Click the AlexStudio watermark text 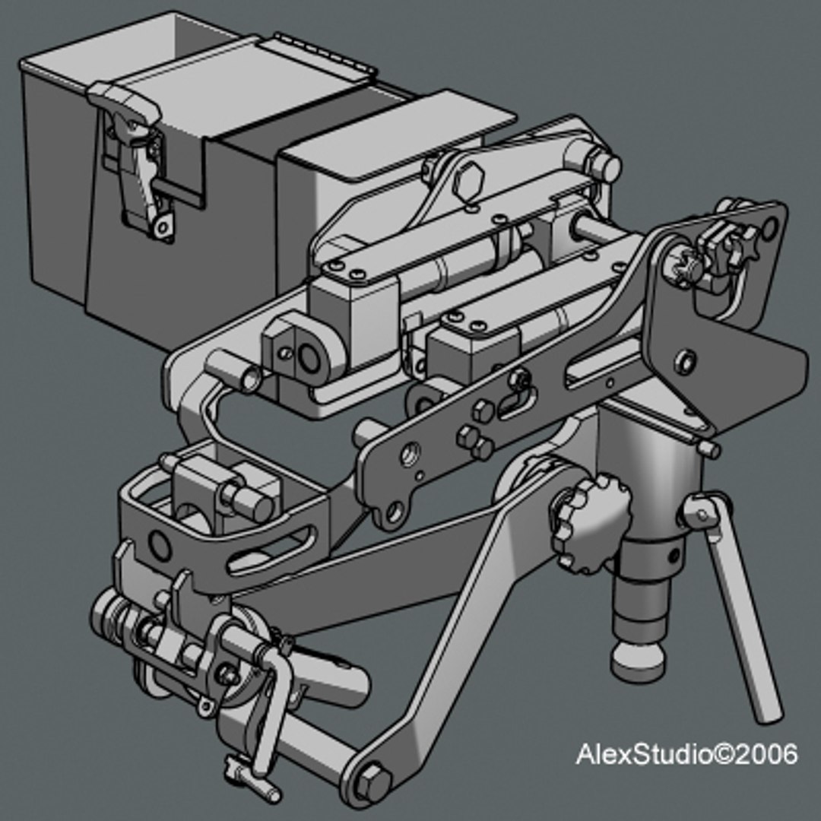point(686,755)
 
